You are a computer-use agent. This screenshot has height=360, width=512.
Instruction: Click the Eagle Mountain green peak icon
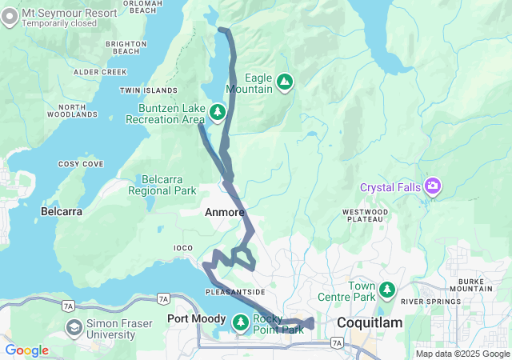[x=284, y=81]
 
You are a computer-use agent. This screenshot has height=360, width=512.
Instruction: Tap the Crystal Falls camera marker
[x=434, y=186]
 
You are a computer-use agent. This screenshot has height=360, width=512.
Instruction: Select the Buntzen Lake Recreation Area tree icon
[x=217, y=112]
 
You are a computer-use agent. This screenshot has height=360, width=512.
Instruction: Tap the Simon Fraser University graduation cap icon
[x=74, y=327]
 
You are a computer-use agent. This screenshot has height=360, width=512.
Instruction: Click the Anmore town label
[x=224, y=212]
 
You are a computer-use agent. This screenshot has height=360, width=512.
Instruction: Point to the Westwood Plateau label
[x=366, y=216]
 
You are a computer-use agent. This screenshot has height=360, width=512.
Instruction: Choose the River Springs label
[x=426, y=302]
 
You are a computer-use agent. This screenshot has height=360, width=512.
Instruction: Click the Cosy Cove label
[x=81, y=164]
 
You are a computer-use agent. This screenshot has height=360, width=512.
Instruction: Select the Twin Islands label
[x=148, y=91]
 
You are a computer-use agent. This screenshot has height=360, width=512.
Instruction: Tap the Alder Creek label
[x=100, y=72]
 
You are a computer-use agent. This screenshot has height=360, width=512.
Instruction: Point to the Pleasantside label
[x=235, y=292]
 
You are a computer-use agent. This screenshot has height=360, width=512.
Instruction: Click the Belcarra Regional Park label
[x=168, y=185]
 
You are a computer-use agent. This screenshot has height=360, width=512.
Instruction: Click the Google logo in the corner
[x=27, y=350]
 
